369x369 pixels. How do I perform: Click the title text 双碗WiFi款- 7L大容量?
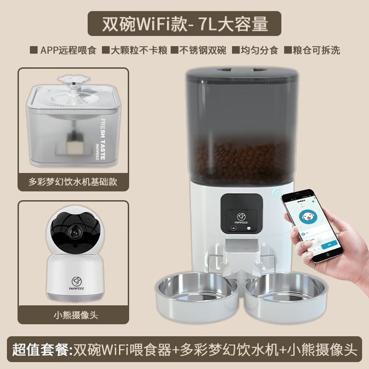click(184, 24)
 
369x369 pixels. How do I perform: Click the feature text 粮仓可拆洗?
click(316, 50)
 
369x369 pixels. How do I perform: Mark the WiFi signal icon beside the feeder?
click(275, 193)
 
